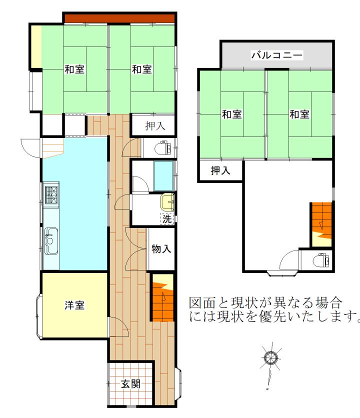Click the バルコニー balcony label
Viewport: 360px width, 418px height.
[277, 55]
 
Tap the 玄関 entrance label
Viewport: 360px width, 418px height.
[130, 384]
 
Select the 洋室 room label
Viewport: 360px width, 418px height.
[74, 305]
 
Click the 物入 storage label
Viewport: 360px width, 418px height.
[161, 249]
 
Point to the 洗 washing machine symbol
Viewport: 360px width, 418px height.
[167, 219]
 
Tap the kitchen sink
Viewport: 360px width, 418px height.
[51, 240]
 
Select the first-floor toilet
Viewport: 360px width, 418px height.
[162, 148]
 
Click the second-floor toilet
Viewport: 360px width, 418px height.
[321, 260]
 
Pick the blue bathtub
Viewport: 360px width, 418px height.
[163, 176]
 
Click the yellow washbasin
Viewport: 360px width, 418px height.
[167, 202]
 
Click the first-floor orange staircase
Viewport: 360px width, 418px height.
[163, 297]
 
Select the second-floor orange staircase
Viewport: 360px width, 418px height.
[321, 224]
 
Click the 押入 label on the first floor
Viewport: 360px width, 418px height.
[155, 126]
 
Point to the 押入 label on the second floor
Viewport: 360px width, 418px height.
[220, 170]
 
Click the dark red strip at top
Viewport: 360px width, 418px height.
[119, 18]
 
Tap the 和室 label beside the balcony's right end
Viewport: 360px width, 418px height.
[299, 114]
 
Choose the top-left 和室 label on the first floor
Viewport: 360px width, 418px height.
[74, 69]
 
